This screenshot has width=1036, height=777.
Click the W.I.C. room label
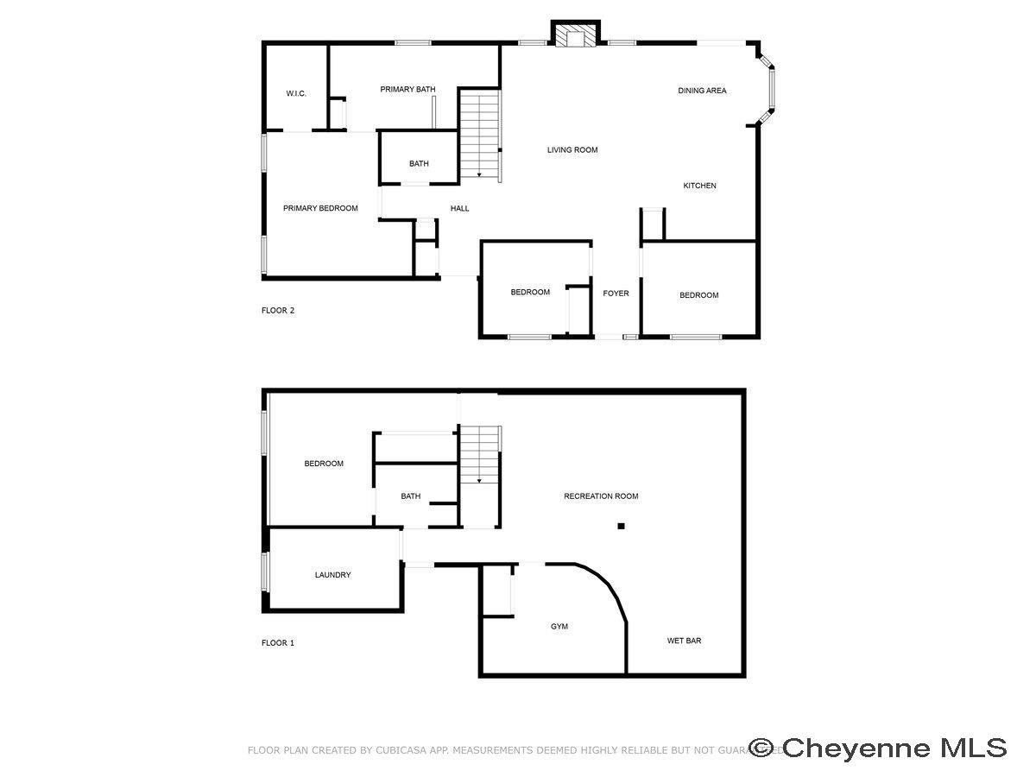tap(296, 93)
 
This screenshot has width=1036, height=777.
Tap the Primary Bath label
tap(407, 89)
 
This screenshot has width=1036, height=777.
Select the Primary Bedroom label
tap(320, 208)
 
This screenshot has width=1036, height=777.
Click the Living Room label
tap(572, 150)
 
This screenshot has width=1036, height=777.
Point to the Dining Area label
tap(702, 90)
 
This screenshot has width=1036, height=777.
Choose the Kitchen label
tap(699, 186)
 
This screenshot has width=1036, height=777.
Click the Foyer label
tap(616, 294)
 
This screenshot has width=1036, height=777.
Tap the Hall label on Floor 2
tap(460, 208)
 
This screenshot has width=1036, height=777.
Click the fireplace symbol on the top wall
tap(574, 35)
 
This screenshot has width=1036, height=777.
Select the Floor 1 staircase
tap(479, 455)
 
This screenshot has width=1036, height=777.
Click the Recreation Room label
tap(601, 496)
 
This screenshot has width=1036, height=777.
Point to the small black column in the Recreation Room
tap(621, 525)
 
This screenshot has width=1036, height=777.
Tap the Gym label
tap(559, 627)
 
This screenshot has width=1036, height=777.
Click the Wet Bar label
tap(684, 641)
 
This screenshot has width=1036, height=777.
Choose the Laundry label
tap(332, 575)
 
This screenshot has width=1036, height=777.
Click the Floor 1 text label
tap(278, 643)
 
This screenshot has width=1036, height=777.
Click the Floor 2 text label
tap(278, 311)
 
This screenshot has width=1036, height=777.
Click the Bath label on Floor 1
tap(411, 496)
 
